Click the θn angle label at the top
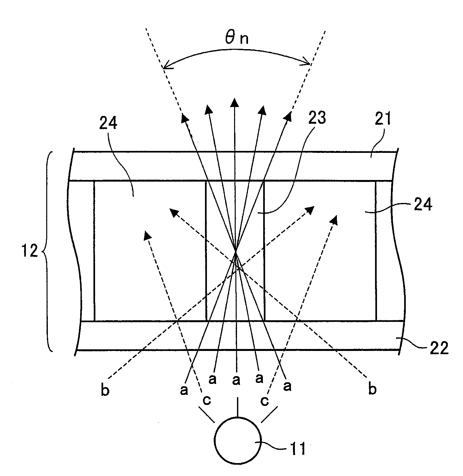(237, 38)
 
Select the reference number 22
(439, 349)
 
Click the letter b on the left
(105, 390)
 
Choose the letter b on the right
(372, 389)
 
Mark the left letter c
(207, 400)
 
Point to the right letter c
(265, 401)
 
